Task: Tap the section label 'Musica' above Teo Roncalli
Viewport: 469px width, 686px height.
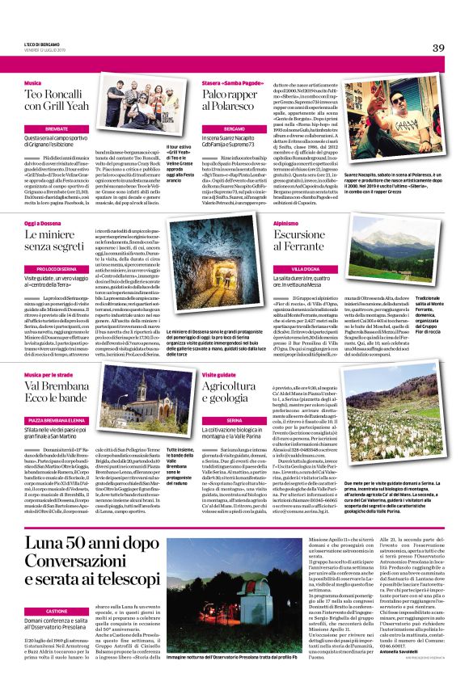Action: pos(33,83)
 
